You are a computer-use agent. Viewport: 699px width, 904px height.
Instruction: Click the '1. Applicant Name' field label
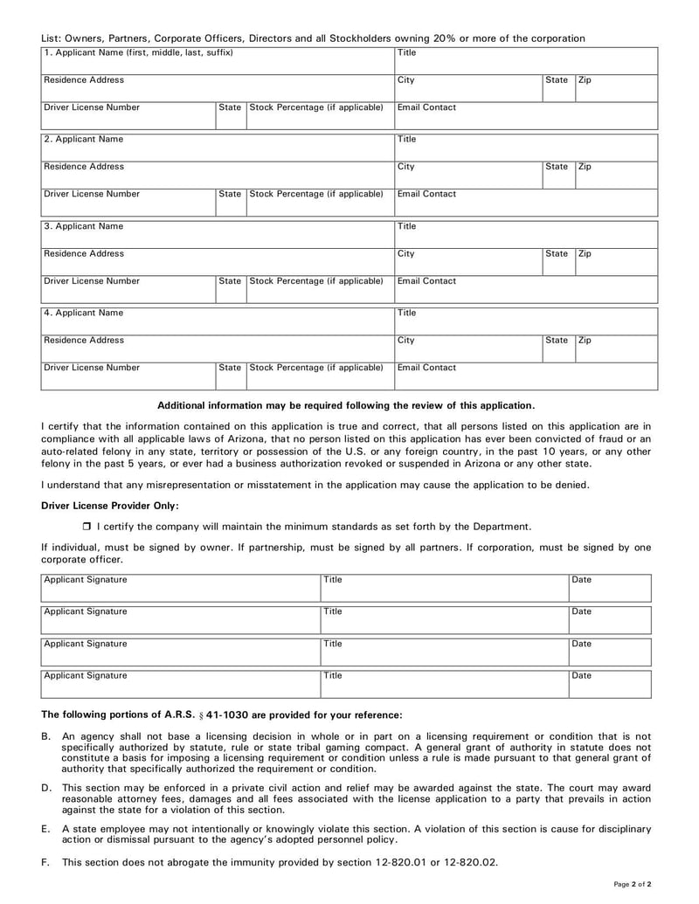139,53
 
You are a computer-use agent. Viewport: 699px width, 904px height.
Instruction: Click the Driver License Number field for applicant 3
128,288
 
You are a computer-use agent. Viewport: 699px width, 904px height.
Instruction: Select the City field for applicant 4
467,347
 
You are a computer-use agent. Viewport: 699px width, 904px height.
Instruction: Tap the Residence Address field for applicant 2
217,173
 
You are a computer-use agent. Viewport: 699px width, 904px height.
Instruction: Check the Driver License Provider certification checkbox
87,527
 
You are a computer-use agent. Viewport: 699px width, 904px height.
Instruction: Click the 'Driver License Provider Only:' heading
110,506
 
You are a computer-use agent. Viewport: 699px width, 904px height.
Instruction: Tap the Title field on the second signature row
444,618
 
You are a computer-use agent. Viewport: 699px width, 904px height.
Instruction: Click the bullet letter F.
45,862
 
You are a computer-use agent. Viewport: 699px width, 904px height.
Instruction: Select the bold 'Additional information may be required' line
346,405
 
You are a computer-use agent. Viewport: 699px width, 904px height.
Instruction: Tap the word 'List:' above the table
52,38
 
